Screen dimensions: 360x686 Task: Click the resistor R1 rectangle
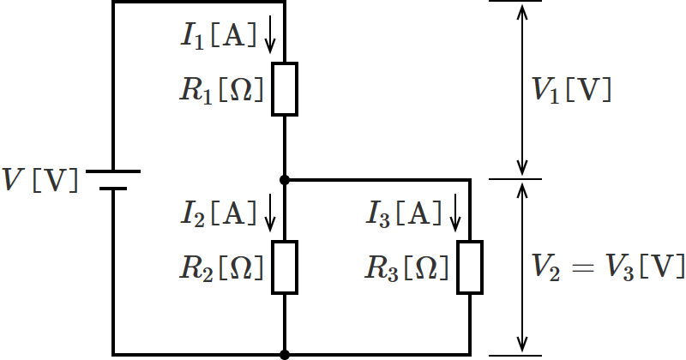coord(285,89)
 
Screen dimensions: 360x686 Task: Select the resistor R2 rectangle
coord(285,267)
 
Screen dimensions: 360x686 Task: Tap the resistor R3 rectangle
coord(470,267)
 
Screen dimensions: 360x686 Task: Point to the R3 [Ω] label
coord(406,268)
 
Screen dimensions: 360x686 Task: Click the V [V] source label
coord(40,181)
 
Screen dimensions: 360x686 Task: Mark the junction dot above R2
coord(285,180)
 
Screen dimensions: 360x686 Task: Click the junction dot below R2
coord(285,354)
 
